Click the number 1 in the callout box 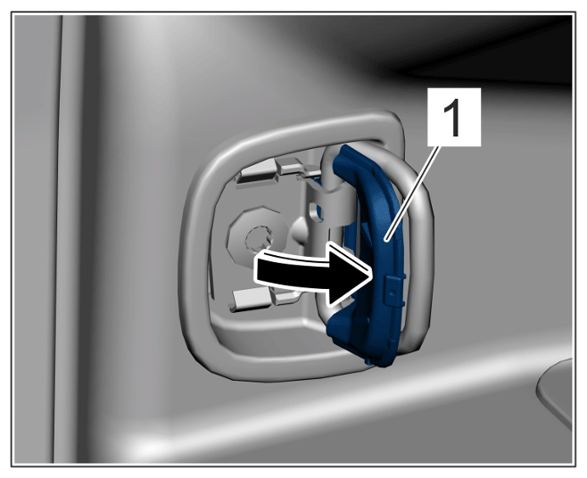pos(453,117)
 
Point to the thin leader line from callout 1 pos(412,192)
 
